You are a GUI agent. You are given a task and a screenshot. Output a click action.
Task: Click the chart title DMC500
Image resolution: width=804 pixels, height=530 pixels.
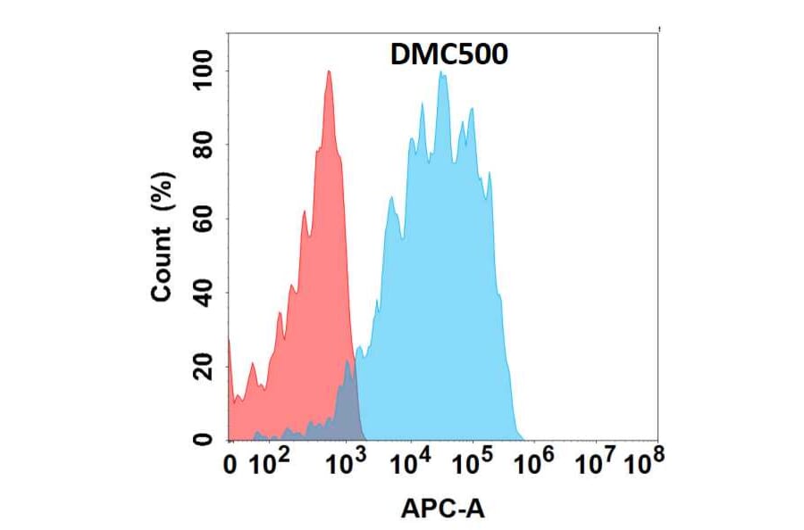[449, 55]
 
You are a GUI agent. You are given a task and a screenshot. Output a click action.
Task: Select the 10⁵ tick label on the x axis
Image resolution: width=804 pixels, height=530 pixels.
[473, 462]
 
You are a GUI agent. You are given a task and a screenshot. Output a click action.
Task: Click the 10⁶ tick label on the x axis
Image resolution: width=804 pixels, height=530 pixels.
[537, 462]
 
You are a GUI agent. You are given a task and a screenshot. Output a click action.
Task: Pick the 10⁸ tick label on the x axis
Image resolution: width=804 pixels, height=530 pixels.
[643, 462]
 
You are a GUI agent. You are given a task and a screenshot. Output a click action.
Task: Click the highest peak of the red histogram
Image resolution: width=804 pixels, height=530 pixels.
[329, 73]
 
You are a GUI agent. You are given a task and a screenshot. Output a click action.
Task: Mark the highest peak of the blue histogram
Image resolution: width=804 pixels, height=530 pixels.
[440, 75]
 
